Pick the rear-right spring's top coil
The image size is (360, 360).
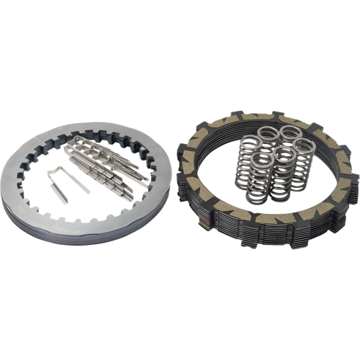[x=290, y=132]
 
